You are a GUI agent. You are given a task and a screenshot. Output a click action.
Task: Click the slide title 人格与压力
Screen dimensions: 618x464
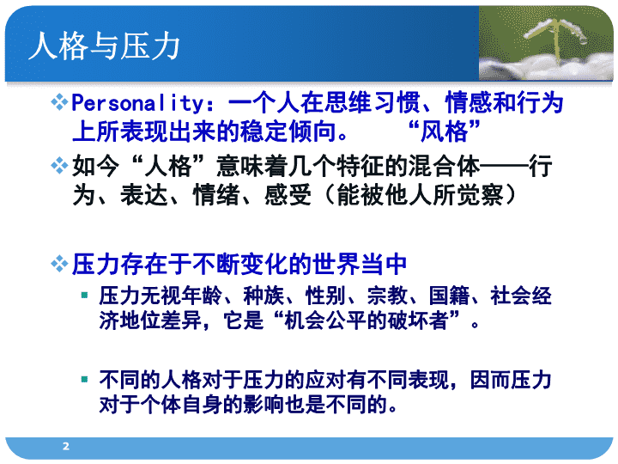click(105, 46)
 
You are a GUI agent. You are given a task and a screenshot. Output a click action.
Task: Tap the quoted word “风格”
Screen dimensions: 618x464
click(445, 131)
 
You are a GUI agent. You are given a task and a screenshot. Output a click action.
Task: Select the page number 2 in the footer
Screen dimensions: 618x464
click(66, 446)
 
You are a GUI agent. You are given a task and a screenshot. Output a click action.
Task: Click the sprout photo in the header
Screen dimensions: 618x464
click(546, 44)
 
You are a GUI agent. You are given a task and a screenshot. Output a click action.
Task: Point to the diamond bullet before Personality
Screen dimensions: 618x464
click(59, 102)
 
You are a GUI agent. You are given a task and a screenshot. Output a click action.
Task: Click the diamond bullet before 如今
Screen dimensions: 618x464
click(59, 165)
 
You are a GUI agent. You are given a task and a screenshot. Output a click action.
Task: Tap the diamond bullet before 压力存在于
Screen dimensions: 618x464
click(59, 264)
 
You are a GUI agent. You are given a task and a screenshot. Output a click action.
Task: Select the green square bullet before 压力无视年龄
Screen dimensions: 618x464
click(84, 295)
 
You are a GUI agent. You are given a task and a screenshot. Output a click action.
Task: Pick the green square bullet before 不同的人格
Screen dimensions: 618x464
click(84, 380)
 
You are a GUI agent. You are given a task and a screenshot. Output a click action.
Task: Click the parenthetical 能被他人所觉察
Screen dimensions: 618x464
click(420, 194)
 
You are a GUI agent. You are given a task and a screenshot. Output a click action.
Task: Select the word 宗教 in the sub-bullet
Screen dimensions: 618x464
click(387, 296)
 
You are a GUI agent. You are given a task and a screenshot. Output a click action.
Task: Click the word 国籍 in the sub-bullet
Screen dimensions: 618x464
click(449, 296)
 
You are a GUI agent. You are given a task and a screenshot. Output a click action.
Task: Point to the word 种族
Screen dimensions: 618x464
click(264, 296)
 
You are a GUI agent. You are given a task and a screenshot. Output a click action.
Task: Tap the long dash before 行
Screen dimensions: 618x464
click(505, 167)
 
